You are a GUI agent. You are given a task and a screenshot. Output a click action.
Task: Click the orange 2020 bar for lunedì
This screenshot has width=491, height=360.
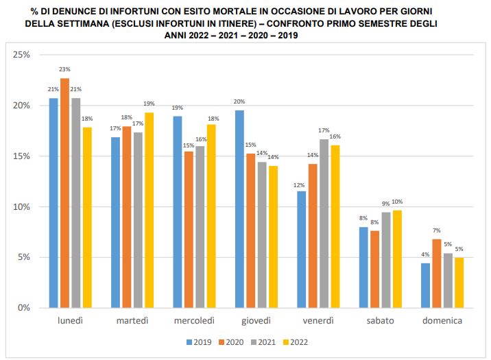(64, 193)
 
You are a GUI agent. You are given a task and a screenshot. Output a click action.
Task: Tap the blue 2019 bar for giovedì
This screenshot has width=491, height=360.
(239, 209)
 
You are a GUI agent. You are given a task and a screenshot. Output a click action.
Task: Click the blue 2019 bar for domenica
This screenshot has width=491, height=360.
(425, 285)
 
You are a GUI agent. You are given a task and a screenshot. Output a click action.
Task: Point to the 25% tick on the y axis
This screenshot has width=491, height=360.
(23, 55)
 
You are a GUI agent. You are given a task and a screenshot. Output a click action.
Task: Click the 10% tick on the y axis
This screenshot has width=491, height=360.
(23, 207)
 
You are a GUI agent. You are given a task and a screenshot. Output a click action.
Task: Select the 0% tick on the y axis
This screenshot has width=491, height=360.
(25, 308)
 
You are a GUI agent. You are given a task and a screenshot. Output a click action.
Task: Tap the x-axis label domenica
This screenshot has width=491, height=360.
(441, 321)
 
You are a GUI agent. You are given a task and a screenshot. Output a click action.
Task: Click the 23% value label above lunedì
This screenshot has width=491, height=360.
(64, 70)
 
